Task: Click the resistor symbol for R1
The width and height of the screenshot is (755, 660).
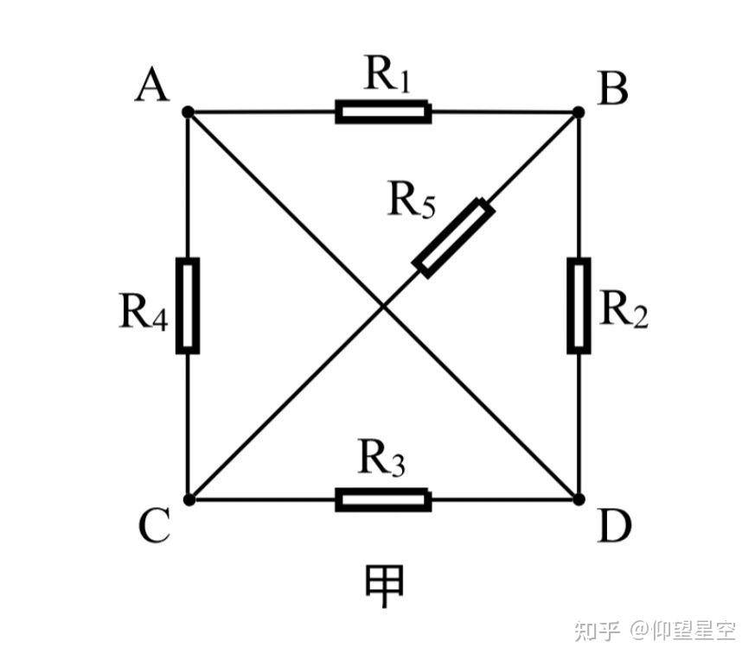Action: [x=383, y=112]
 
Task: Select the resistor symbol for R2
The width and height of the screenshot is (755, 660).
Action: [x=579, y=305]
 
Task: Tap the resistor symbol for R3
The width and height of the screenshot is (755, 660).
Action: [x=383, y=499]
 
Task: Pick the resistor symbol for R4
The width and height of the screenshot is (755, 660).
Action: [x=188, y=305]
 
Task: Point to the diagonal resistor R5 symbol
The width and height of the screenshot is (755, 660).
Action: [x=454, y=238]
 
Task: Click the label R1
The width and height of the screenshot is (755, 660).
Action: [x=386, y=76]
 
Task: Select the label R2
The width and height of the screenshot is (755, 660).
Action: [x=624, y=309]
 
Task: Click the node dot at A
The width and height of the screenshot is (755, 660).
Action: [x=188, y=112]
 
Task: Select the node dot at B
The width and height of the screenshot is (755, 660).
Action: [x=579, y=112]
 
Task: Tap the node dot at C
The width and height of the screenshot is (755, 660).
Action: [x=188, y=499]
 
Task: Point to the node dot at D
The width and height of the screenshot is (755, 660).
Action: [x=579, y=499]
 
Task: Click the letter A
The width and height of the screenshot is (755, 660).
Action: [x=152, y=86]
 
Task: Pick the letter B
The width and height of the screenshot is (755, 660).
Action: [x=613, y=89]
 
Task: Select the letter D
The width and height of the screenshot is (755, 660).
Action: [x=615, y=527]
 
